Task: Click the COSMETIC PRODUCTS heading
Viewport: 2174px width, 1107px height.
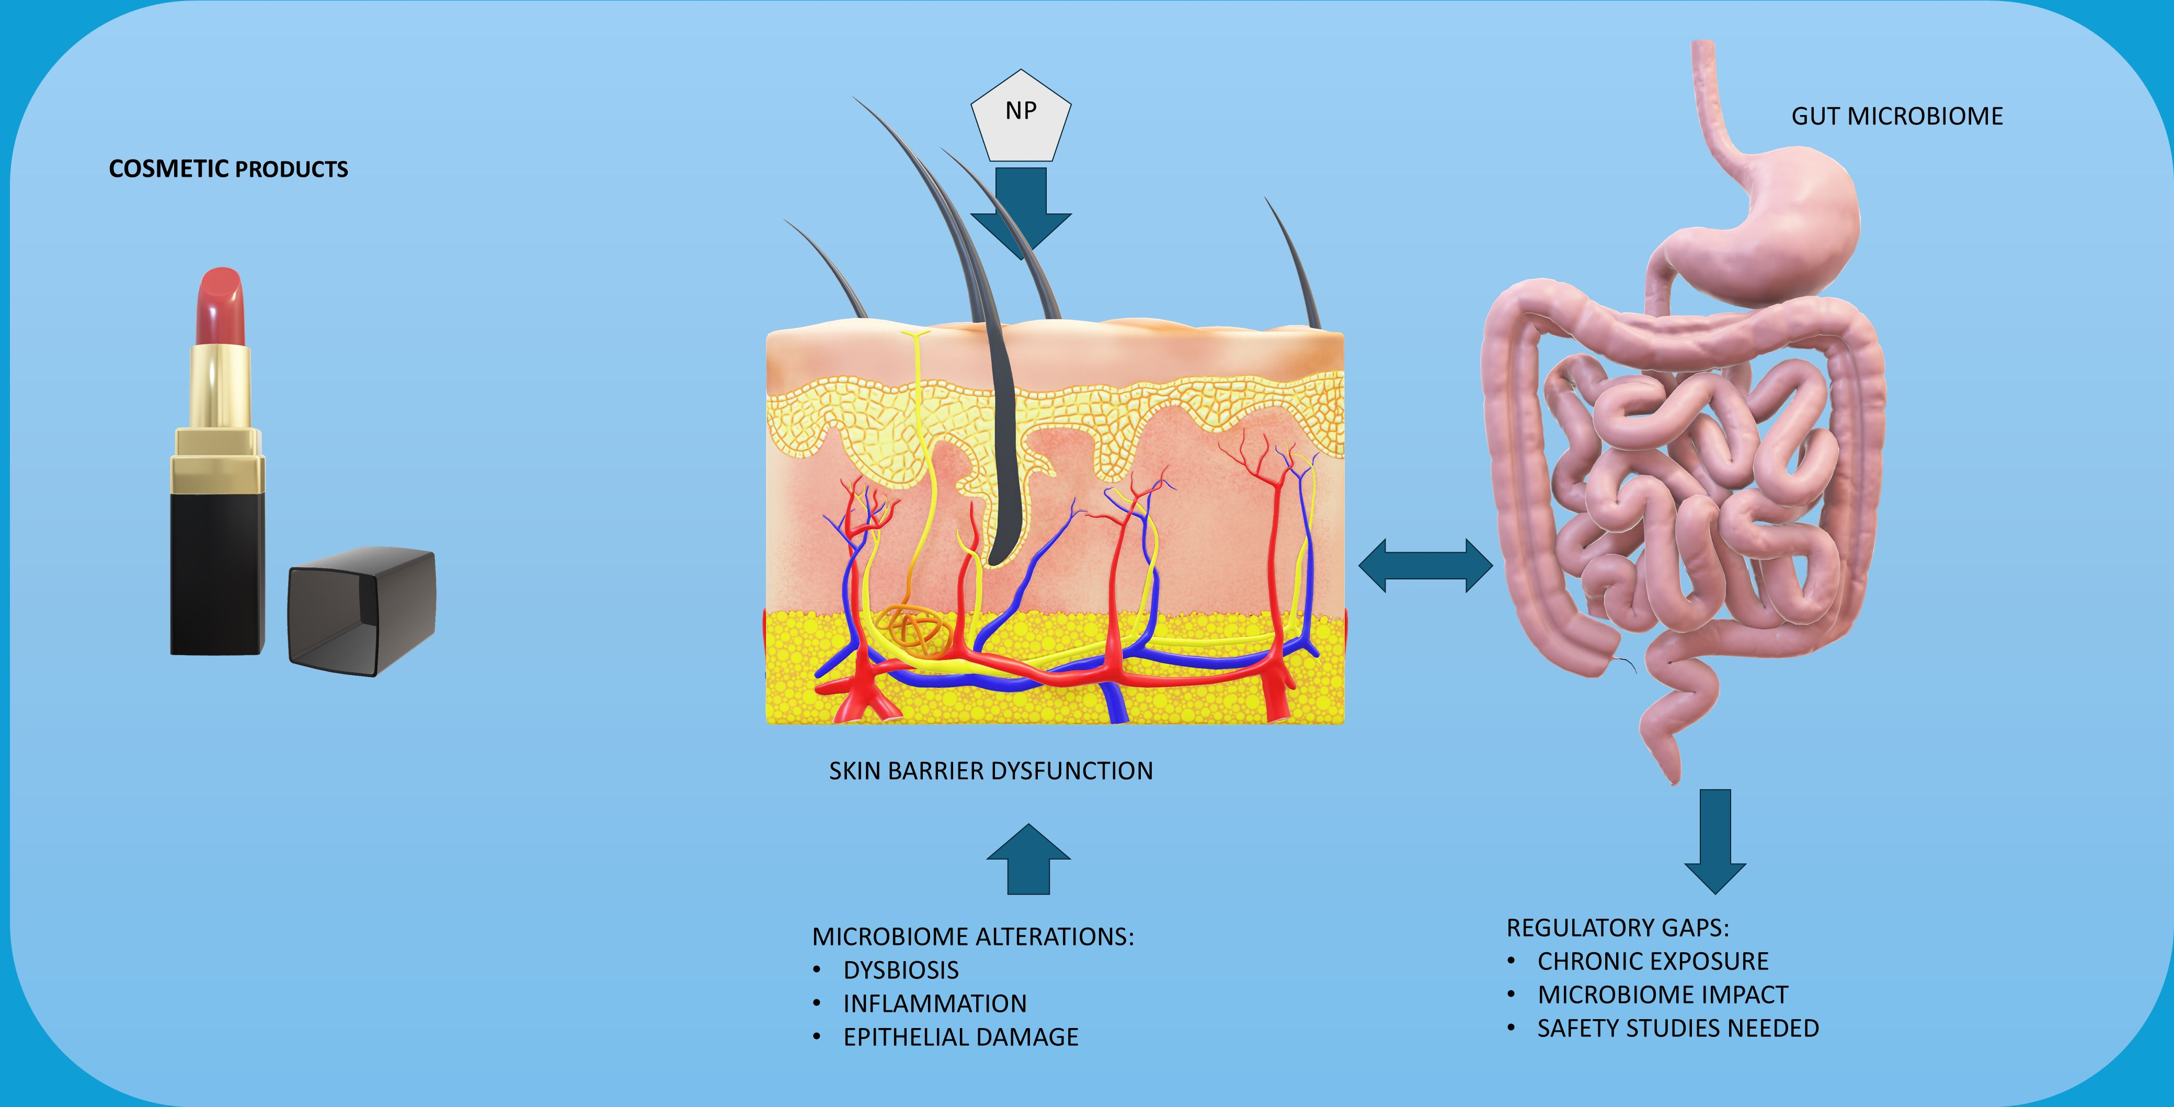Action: click(x=228, y=169)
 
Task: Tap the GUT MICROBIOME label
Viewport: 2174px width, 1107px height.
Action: click(x=1896, y=117)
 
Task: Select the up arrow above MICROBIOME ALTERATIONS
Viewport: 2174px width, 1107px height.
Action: click(x=1029, y=861)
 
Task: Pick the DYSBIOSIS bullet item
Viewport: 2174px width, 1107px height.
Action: click(x=900, y=971)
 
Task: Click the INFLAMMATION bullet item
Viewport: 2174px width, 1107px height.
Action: click(x=934, y=1003)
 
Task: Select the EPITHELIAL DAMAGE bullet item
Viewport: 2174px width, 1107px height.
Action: click(x=960, y=1037)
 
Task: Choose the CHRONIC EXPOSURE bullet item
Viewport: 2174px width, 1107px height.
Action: click(x=1652, y=961)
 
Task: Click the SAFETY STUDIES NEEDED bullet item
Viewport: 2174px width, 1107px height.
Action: click(x=1678, y=1029)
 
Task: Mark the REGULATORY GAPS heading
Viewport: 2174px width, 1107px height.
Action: click(x=1617, y=928)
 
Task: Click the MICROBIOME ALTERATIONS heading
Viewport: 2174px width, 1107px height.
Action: click(x=972, y=937)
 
